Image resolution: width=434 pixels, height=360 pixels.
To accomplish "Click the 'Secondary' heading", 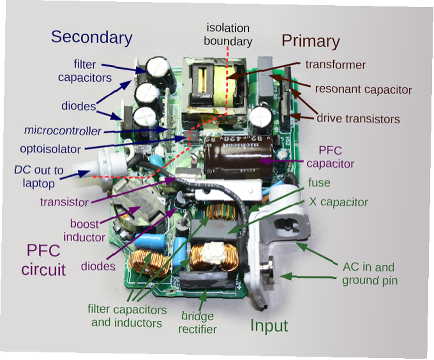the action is pyautogui.click(x=92, y=37).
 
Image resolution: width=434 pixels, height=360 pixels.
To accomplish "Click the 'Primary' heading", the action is pyautogui.click(x=311, y=41).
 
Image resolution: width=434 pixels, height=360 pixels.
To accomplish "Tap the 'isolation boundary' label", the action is pyautogui.click(x=228, y=35).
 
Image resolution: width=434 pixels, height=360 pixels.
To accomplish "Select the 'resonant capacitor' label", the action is pyautogui.click(x=363, y=89).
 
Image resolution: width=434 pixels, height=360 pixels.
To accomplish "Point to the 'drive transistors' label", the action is pyautogui.click(x=358, y=119).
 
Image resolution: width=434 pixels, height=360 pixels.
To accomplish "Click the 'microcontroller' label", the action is pyautogui.click(x=63, y=130).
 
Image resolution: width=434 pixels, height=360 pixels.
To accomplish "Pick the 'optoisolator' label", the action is pyautogui.click(x=50, y=149).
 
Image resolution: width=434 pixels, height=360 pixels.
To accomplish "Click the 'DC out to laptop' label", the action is pyautogui.click(x=39, y=177).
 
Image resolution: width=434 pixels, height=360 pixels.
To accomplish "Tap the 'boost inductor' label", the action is pyautogui.click(x=84, y=231).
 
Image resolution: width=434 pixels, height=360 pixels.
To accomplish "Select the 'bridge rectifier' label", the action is pyautogui.click(x=197, y=323).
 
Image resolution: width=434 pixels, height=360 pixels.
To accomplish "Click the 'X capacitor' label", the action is pyautogui.click(x=338, y=202).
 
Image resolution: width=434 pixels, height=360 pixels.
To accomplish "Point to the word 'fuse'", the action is pyautogui.click(x=319, y=182).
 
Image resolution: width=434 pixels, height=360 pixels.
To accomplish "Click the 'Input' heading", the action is pyautogui.click(x=269, y=326).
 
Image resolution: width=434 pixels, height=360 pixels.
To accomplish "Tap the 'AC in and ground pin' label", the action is pyautogui.click(x=369, y=274).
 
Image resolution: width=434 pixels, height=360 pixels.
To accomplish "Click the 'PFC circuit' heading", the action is pyautogui.click(x=43, y=260).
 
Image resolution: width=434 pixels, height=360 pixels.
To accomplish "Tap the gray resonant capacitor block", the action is pyautogui.click(x=266, y=80).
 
